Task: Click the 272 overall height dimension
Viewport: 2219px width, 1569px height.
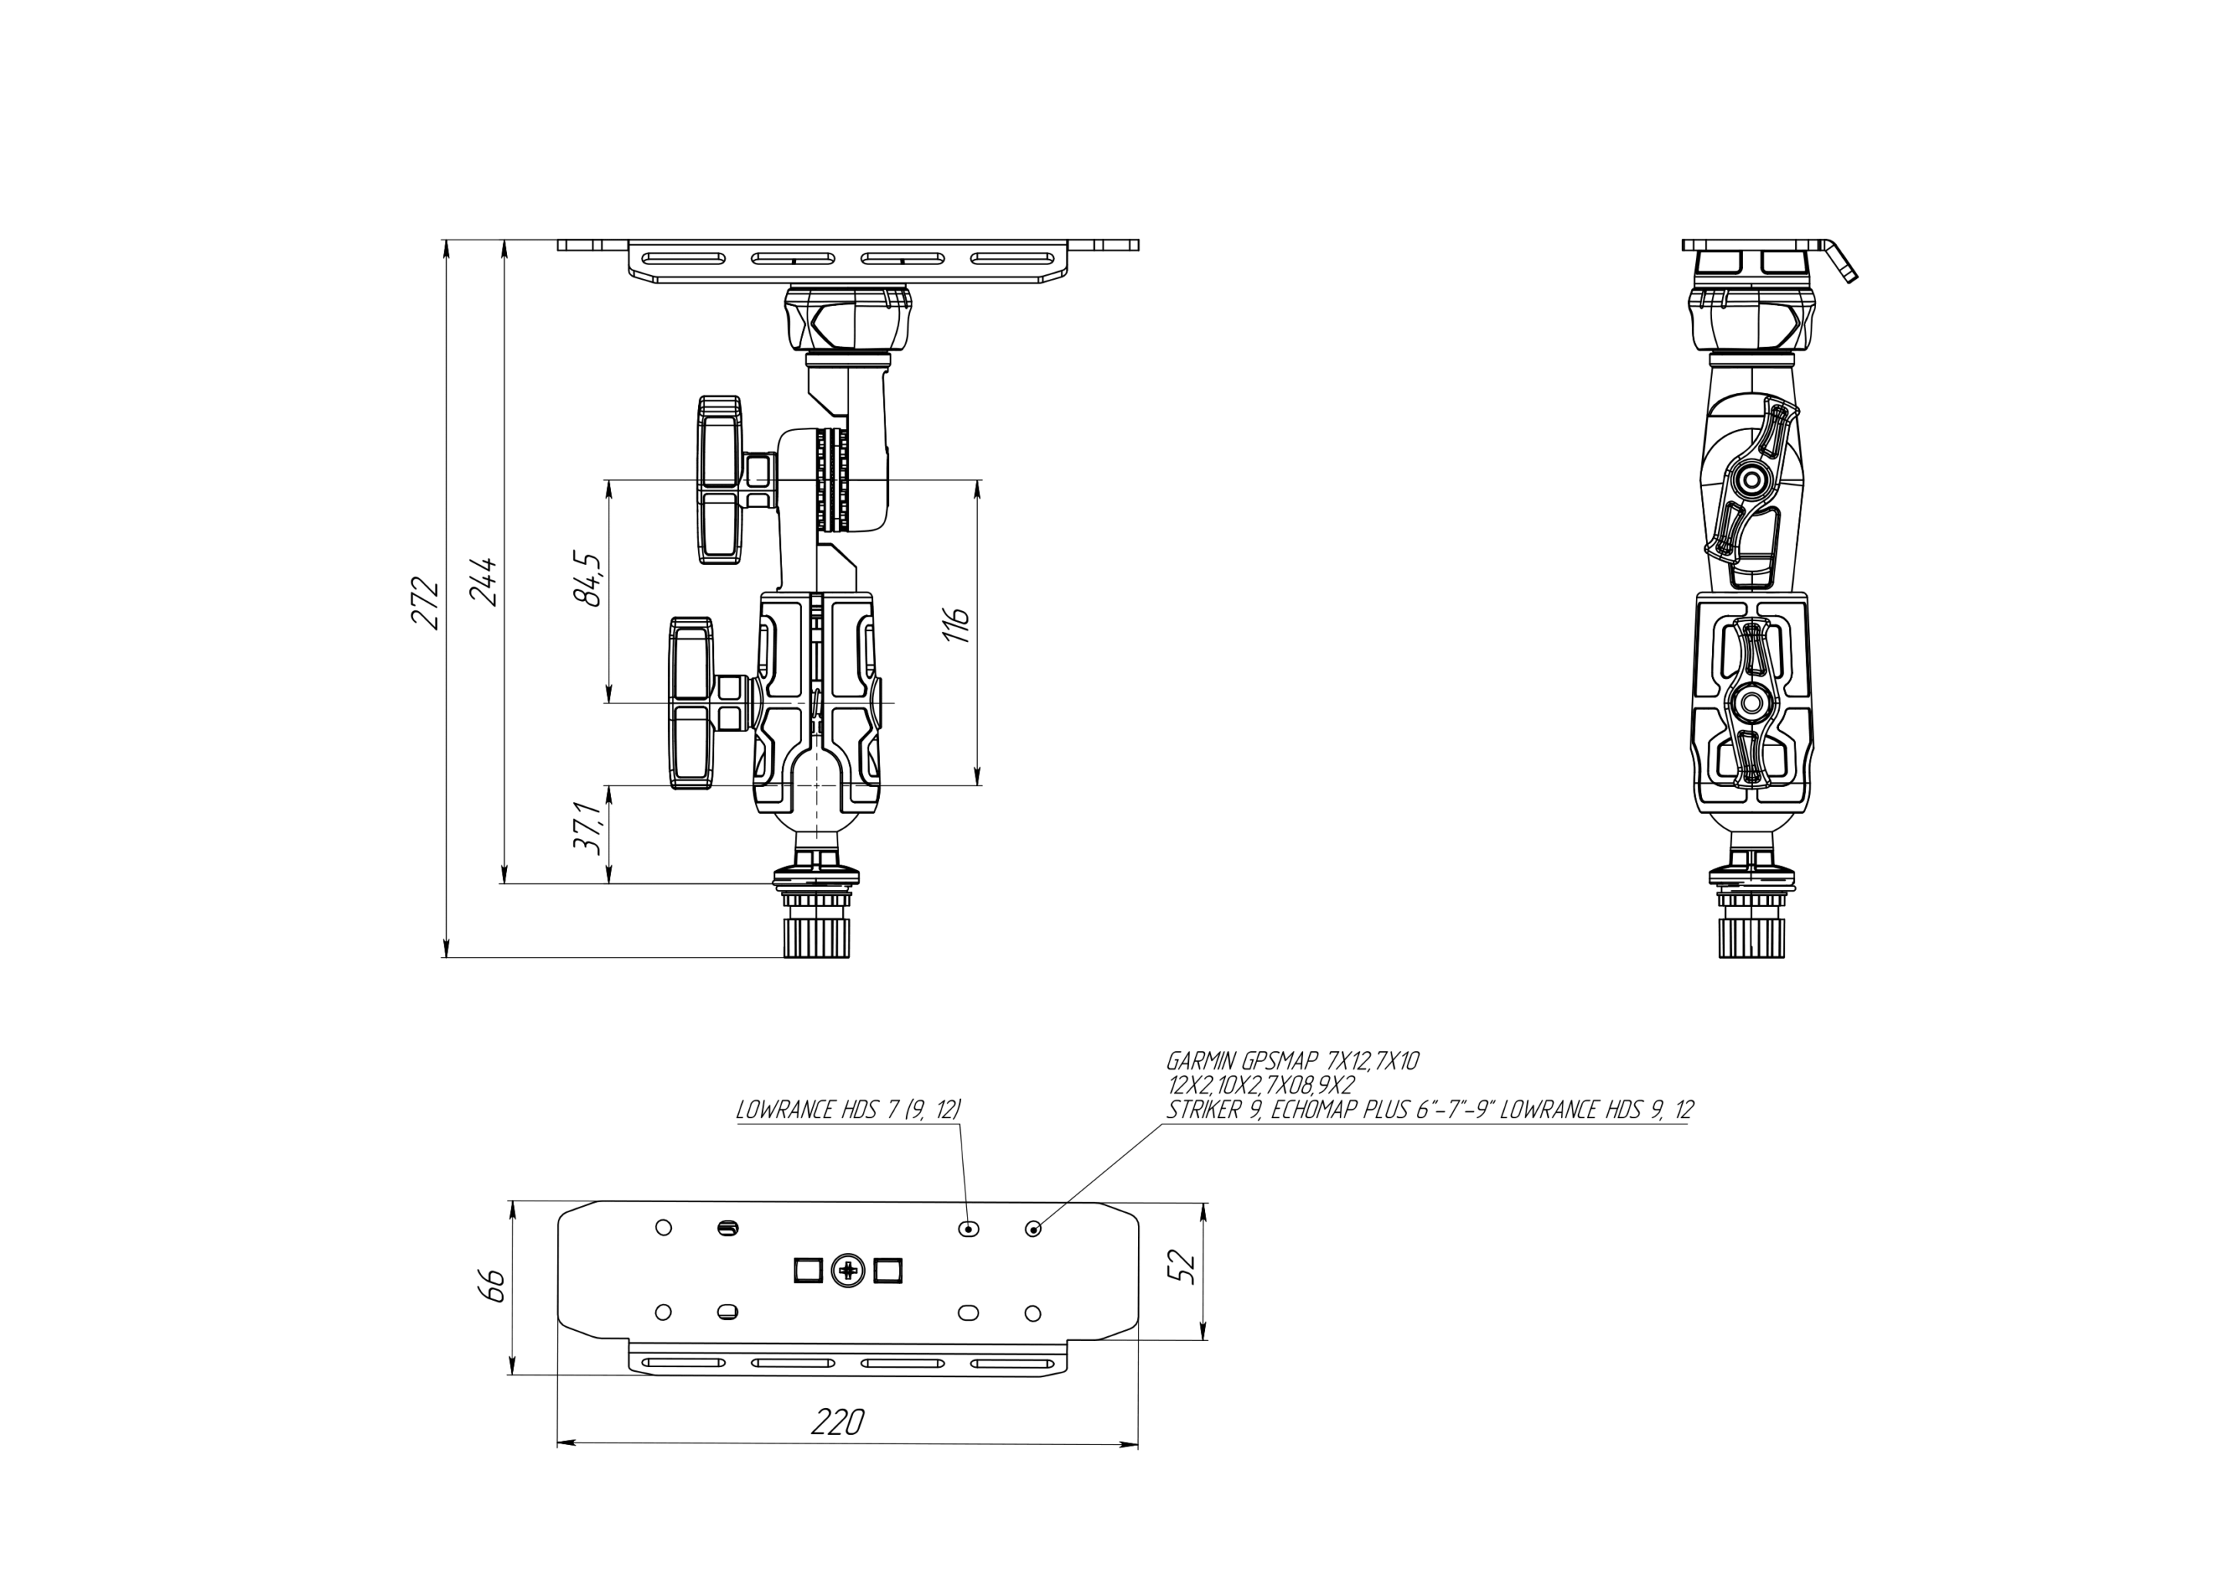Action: tap(426, 603)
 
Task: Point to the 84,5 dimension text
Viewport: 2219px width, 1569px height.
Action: tap(588, 579)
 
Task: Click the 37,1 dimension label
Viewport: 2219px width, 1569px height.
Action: tap(589, 828)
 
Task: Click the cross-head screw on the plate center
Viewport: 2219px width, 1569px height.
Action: tap(848, 1270)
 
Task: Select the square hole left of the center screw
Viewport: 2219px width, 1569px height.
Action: tap(808, 1270)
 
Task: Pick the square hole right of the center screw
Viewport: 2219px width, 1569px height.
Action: tap(887, 1270)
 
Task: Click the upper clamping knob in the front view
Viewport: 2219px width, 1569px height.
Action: tap(722, 479)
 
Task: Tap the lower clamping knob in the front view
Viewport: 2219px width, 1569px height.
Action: tap(693, 703)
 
